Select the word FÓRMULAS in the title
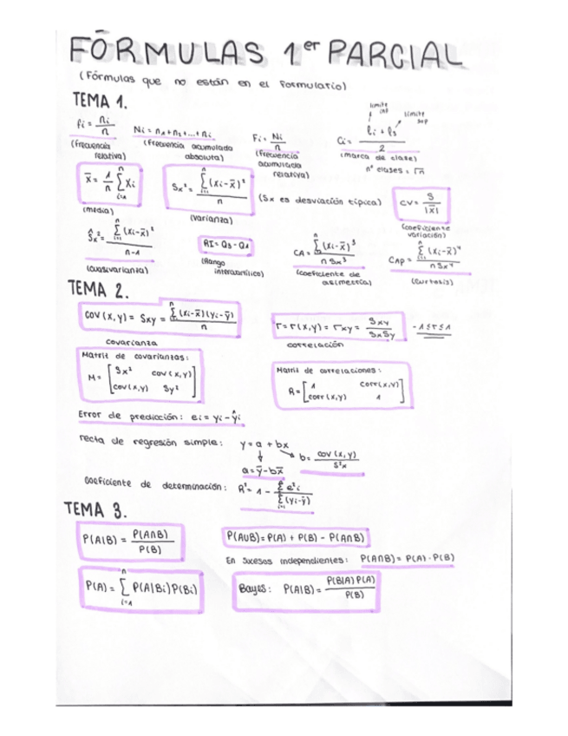[167, 54]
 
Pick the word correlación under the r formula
[316, 345]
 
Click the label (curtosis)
[431, 281]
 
